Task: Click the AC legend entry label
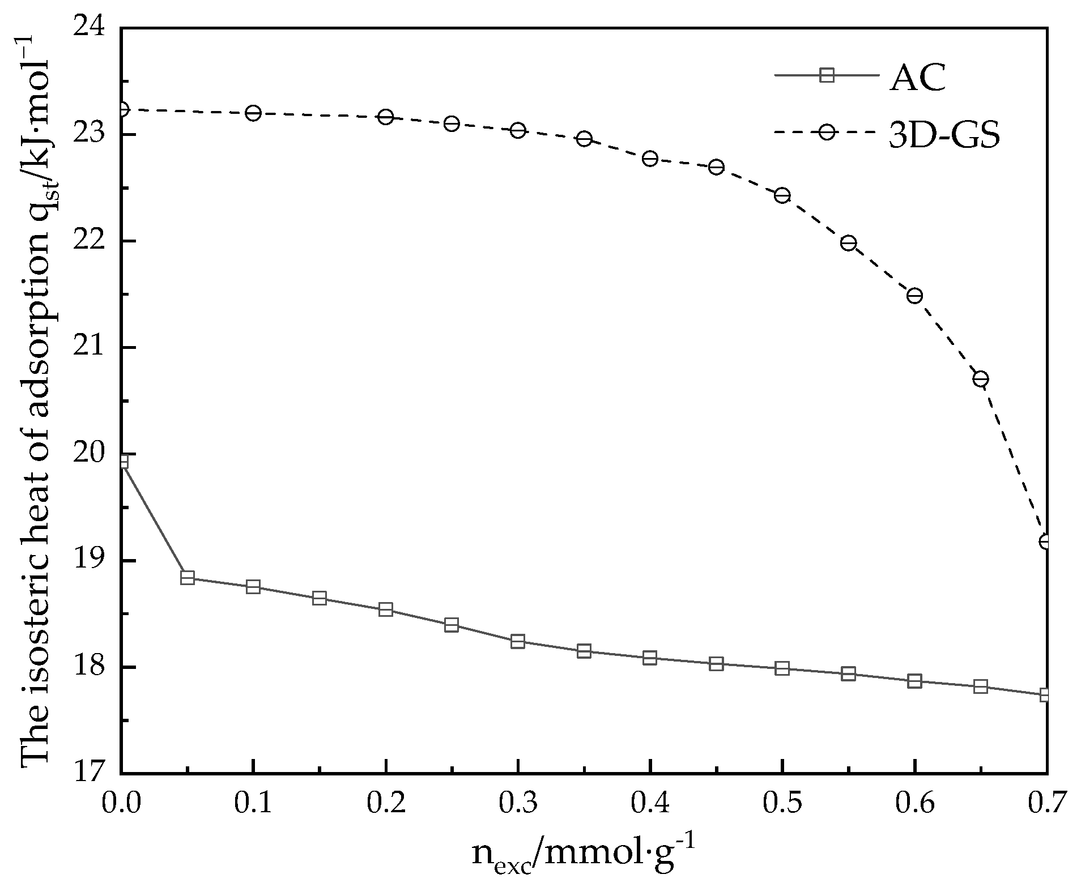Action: coord(917,77)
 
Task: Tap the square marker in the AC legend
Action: coord(827,75)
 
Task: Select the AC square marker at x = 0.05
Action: coord(188,578)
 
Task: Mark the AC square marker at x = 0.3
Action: coord(517,642)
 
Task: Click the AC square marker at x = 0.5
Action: coord(782,668)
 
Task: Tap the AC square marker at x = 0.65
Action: coord(981,686)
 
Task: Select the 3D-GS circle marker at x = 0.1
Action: coord(254,113)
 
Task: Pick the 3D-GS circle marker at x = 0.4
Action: coord(650,159)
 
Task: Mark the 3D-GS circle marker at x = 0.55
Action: coord(848,244)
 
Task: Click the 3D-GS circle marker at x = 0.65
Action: coord(981,379)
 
